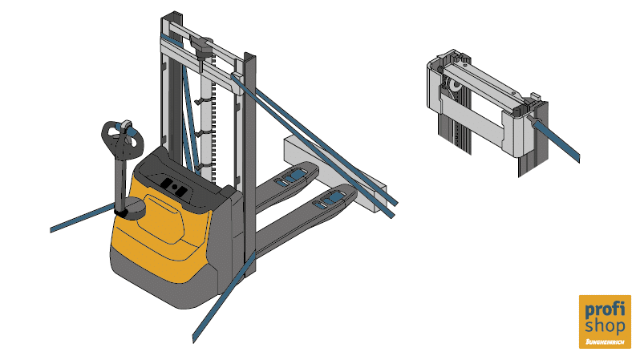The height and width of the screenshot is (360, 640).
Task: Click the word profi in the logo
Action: (605, 309)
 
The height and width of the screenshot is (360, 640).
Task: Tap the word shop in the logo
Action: (605, 326)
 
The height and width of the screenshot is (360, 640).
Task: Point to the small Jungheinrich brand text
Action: (605, 342)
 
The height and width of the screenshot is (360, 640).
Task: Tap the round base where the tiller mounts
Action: (133, 208)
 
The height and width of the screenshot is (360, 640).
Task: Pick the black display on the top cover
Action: (173, 187)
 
